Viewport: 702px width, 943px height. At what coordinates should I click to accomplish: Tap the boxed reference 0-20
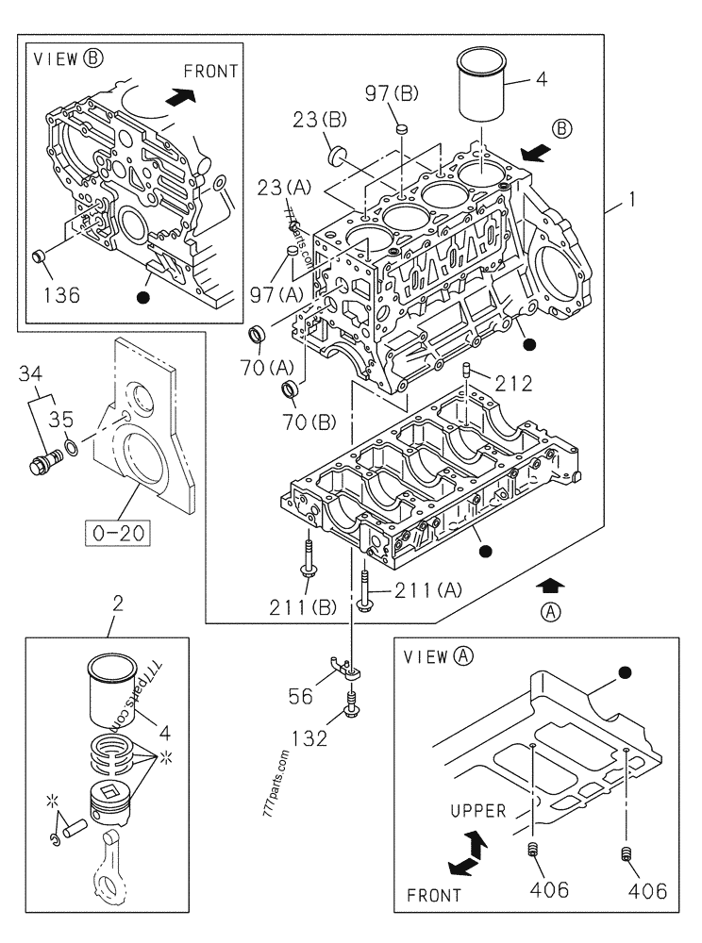[x=119, y=533]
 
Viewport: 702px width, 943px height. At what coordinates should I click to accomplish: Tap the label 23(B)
[x=321, y=120]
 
